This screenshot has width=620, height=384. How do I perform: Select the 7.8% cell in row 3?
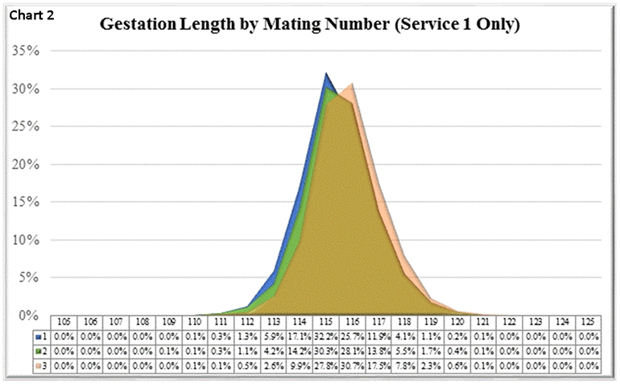tap(406, 366)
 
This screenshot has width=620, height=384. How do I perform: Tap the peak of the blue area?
tap(326, 74)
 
